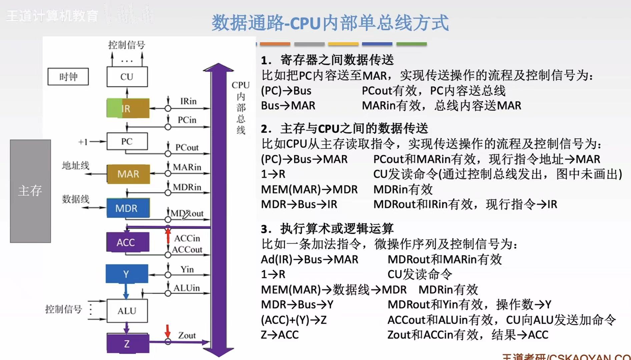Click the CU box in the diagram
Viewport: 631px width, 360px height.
coord(127,77)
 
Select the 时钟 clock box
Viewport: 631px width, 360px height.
coord(68,77)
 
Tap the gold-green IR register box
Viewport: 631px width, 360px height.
coord(128,108)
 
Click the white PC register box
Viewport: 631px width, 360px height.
coord(127,141)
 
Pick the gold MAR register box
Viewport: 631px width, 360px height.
coord(128,174)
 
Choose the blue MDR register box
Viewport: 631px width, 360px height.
coord(128,208)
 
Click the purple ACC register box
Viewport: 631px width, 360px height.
coord(127,242)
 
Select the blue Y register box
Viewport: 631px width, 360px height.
coord(127,274)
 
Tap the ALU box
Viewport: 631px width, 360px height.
coord(127,311)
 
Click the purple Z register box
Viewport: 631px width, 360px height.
coord(127,343)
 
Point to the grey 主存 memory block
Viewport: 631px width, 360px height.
coord(30,191)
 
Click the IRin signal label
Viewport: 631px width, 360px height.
coord(188,101)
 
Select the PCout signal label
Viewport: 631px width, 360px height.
coord(187,147)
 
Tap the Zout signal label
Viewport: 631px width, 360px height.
coord(187,335)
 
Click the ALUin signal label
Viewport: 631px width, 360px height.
coord(186,288)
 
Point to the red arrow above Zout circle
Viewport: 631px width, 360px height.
coord(168,331)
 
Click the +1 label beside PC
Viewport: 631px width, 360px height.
coord(83,142)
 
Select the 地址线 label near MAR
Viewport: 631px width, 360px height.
coord(76,165)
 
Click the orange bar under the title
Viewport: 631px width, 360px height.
coord(275,44)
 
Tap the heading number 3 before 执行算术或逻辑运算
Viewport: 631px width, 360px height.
coord(265,229)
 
